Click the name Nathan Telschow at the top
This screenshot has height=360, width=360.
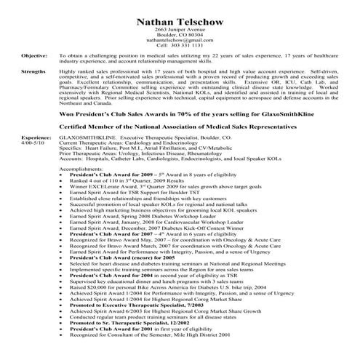pyautogui.click(x=179, y=11)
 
